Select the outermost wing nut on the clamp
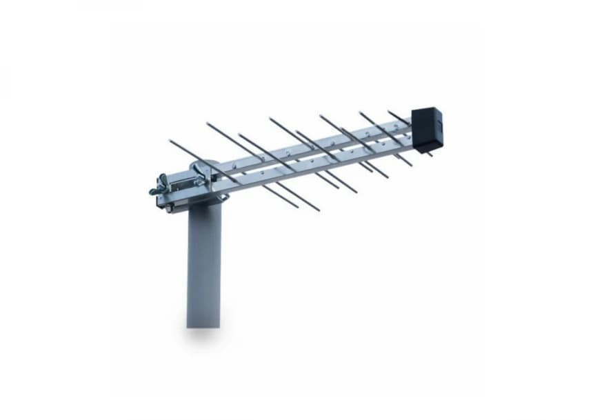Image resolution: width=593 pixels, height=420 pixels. [157, 187]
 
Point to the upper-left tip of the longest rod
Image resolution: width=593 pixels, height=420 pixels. [170, 141]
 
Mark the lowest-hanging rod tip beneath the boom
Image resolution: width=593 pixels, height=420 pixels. [318, 210]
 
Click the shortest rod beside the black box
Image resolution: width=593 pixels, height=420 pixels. [398, 117]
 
